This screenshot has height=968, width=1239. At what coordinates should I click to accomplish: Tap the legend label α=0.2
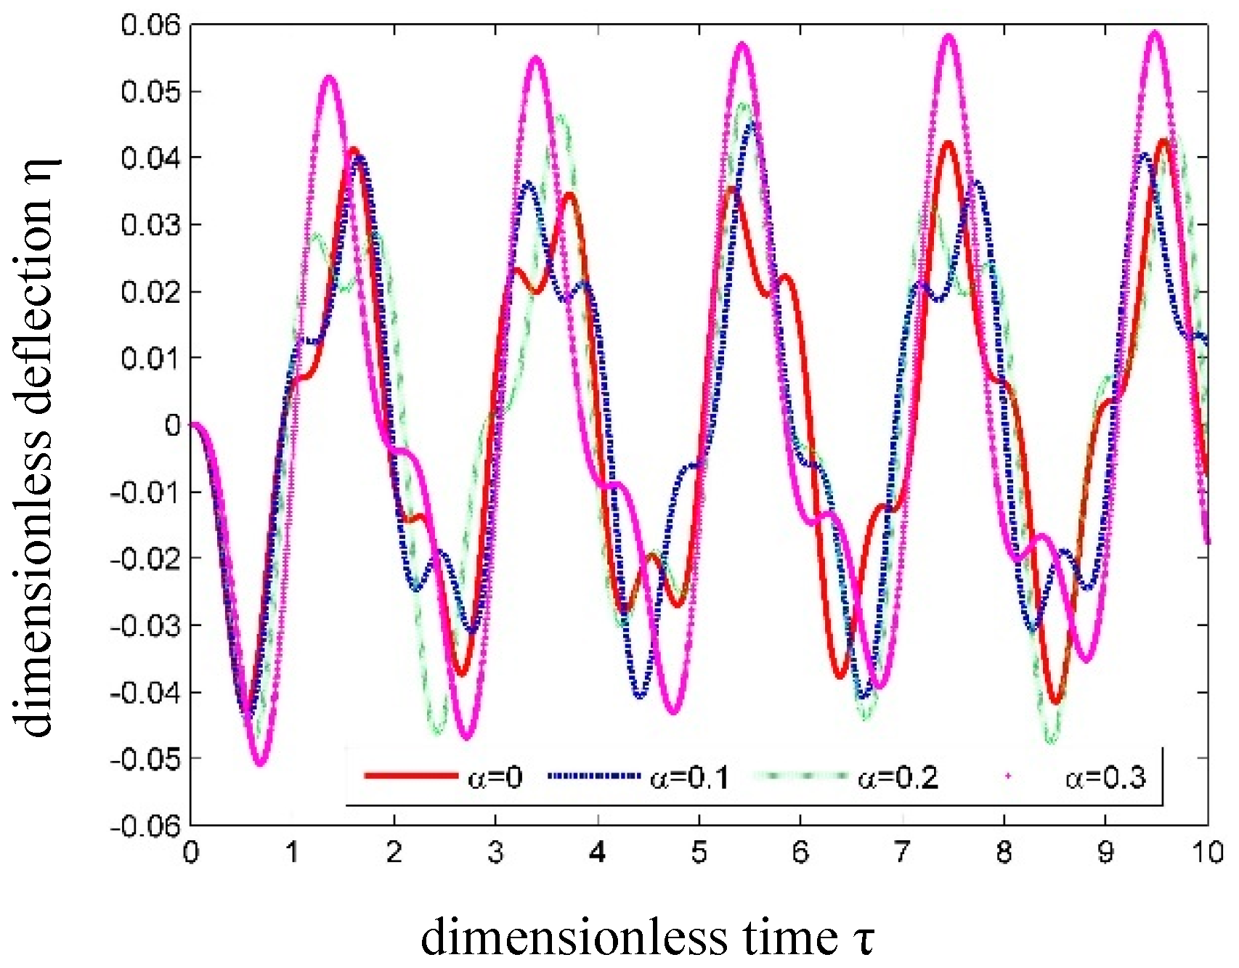(x=898, y=778)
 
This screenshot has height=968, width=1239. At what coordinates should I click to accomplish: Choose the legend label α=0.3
(x=1105, y=778)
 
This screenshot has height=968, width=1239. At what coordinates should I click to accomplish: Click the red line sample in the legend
(x=410, y=776)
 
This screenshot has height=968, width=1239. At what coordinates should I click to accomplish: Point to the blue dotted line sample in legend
(x=596, y=776)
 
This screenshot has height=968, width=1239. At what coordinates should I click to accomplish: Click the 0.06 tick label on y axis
(x=150, y=25)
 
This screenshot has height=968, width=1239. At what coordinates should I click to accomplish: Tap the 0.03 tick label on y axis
(x=150, y=225)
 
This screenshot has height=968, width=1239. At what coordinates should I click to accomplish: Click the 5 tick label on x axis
(x=699, y=853)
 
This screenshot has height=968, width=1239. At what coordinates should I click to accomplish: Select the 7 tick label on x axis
(x=902, y=853)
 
